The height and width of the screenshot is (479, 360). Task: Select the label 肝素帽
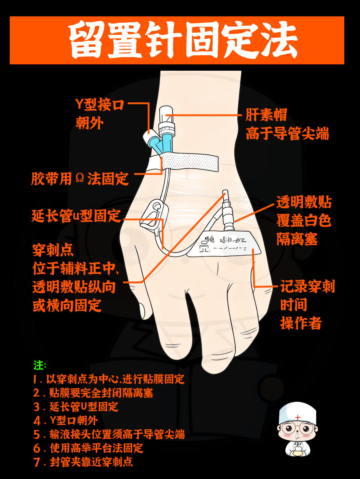click(x=266, y=115)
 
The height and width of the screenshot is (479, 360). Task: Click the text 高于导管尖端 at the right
click(x=287, y=134)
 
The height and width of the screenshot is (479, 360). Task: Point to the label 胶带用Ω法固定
click(x=80, y=179)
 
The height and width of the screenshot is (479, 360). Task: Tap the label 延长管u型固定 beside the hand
click(x=76, y=216)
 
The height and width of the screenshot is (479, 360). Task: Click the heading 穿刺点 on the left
click(x=53, y=250)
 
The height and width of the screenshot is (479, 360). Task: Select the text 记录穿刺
click(x=307, y=286)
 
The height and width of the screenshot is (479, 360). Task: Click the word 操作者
click(x=301, y=323)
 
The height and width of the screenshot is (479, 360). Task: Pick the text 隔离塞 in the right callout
click(x=297, y=239)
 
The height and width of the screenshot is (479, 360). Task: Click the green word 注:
click(x=39, y=365)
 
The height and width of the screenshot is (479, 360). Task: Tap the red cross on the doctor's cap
click(x=298, y=418)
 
